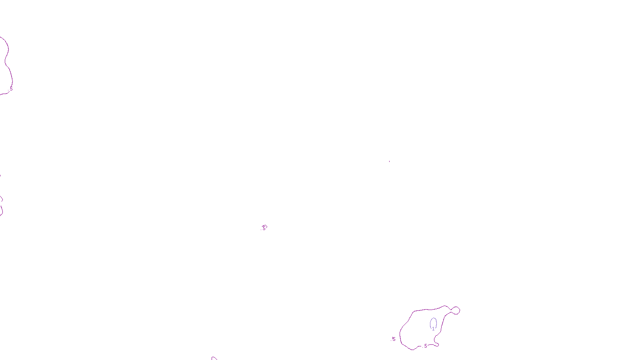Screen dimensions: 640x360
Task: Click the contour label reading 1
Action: pyautogui.click(x=433, y=329)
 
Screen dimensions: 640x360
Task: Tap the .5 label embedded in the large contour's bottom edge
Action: pyautogui.click(x=425, y=346)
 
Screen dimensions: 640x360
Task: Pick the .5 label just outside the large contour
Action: pyautogui.click(x=393, y=339)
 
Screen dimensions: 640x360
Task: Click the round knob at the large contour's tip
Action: pyautogui.click(x=456, y=310)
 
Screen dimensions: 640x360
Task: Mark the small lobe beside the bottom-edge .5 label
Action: pyautogui.click(x=436, y=344)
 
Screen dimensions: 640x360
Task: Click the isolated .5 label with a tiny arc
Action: pyautogui.click(x=263, y=228)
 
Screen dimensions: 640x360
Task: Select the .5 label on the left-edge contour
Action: pyautogui.click(x=11, y=88)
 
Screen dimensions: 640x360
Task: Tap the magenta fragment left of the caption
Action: pyautogui.click(x=214, y=358)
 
